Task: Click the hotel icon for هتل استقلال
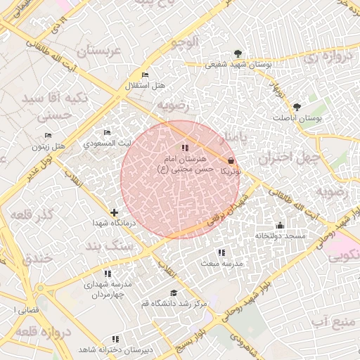point(145,75)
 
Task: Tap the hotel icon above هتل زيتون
point(48,135)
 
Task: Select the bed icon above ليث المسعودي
point(107,132)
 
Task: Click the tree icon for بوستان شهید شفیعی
point(238,53)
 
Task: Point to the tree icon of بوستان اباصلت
point(297,107)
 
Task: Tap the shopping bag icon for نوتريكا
point(231,160)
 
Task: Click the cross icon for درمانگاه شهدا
point(114,212)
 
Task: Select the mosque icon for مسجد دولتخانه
point(280,225)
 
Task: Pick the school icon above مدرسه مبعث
point(221,252)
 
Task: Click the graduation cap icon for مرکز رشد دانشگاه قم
point(174,292)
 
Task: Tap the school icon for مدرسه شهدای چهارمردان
point(108,274)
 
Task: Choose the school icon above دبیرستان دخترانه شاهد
point(115,339)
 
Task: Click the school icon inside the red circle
point(185,148)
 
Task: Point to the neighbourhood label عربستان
point(98,51)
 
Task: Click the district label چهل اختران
point(288,158)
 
